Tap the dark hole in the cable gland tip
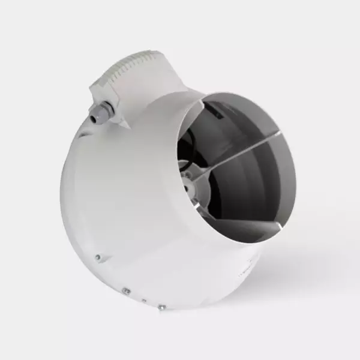click(x=94, y=118)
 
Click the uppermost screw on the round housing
click(x=97, y=257)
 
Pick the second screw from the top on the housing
click(x=126, y=291)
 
